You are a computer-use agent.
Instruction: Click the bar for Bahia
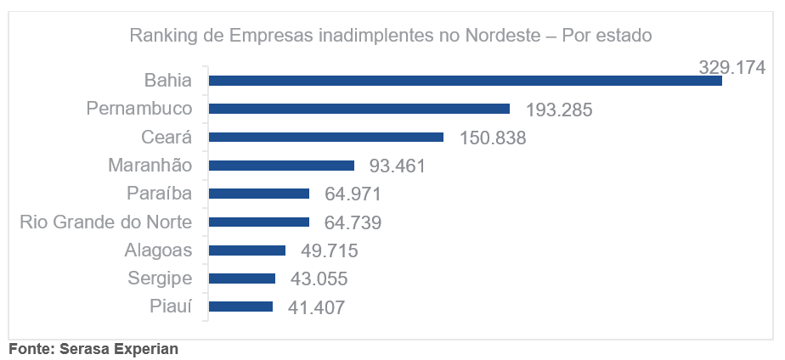coord(466,81)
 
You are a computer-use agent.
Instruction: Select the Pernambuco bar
coord(359,109)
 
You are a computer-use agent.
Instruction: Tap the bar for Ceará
coord(326,137)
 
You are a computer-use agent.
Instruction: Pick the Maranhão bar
coord(282,166)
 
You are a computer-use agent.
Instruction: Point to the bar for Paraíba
coord(259,194)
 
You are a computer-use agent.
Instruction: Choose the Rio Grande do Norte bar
coord(259,222)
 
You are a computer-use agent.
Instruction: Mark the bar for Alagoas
coord(247,250)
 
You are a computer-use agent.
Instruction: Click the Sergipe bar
coord(242,278)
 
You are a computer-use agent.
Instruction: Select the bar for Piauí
coord(241,307)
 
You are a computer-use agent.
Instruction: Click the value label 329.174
coord(731,67)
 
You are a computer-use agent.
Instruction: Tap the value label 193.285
coord(558,110)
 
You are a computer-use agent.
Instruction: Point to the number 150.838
coord(492,138)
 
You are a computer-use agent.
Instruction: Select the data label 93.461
coord(397,166)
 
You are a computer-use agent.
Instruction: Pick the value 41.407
coord(316,307)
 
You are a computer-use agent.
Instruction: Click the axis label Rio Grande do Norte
coord(106,222)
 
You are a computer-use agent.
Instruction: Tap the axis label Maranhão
coord(150,166)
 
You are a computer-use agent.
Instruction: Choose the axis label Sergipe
coord(160,278)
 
